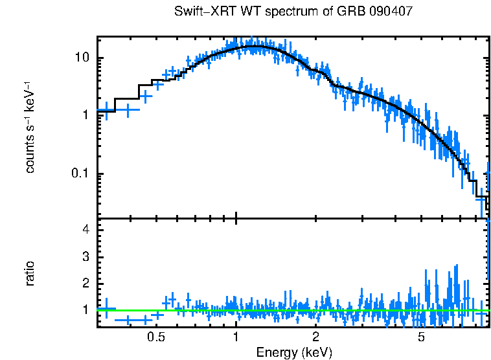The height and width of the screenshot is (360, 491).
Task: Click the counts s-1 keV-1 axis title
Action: click(30, 127)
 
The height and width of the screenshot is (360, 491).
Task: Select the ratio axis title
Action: click(30, 273)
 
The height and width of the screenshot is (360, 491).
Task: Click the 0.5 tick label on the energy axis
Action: click(155, 337)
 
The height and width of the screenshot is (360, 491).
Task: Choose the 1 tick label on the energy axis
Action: click(236, 337)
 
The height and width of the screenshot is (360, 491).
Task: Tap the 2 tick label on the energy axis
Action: click(316, 337)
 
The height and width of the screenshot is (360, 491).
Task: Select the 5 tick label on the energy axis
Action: click(422, 337)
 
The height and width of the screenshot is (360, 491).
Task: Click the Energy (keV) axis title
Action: click(294, 352)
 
